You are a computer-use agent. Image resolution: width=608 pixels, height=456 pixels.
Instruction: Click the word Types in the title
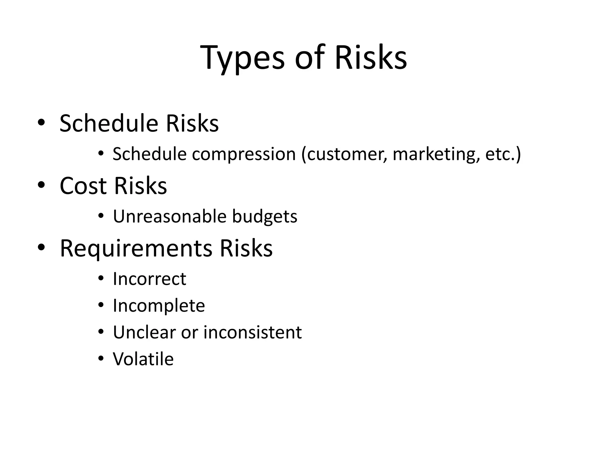click(242, 58)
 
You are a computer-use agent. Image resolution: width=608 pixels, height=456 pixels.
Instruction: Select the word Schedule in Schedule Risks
click(109, 123)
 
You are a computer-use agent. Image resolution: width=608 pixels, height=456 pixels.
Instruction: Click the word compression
click(244, 154)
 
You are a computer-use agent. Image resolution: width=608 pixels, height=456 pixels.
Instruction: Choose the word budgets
click(265, 217)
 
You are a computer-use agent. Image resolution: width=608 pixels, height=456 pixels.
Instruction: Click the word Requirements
click(136, 248)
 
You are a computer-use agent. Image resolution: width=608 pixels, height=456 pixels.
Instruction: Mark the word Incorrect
click(149, 279)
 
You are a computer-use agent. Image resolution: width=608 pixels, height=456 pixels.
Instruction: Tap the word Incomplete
click(159, 306)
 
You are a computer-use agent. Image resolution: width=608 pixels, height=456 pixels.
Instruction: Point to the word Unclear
click(144, 332)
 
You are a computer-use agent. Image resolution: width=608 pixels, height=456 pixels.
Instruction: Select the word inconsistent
click(252, 332)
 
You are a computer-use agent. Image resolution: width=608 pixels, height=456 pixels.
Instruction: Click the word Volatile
click(143, 359)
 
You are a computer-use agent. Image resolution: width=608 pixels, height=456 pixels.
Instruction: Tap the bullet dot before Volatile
click(101, 359)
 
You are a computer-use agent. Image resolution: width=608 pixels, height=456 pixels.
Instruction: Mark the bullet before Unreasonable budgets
click(101, 216)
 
